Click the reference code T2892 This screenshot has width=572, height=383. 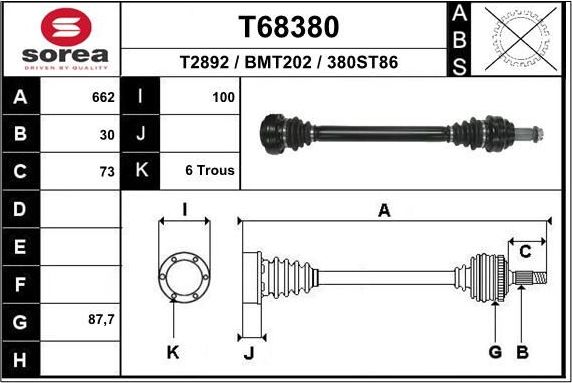(x=206, y=62)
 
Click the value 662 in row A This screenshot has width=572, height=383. (x=103, y=97)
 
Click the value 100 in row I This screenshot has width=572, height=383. (x=223, y=97)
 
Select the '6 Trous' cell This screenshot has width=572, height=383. (x=210, y=170)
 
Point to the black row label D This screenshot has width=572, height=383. (x=21, y=209)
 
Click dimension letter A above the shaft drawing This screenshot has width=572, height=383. (x=384, y=210)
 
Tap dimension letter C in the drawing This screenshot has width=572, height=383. (x=525, y=252)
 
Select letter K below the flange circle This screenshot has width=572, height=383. (x=172, y=352)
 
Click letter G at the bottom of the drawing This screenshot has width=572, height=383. (x=495, y=352)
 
